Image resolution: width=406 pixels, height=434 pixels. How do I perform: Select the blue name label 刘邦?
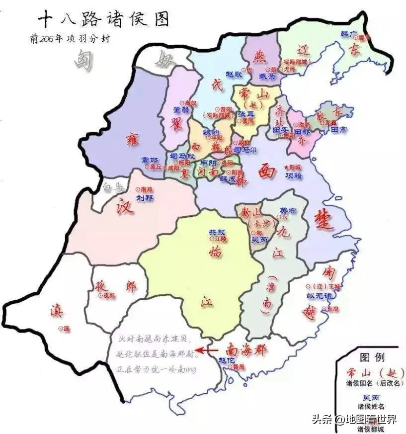point(145,197)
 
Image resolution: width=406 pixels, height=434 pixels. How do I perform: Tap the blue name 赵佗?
point(227,359)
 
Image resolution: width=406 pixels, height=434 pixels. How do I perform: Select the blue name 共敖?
point(216,232)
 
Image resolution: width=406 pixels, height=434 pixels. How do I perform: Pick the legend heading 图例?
point(371,357)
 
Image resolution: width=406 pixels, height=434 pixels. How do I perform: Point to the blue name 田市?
point(341,130)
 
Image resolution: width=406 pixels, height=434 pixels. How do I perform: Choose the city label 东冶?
point(332,308)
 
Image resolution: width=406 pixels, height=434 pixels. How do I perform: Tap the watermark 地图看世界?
point(371,419)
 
